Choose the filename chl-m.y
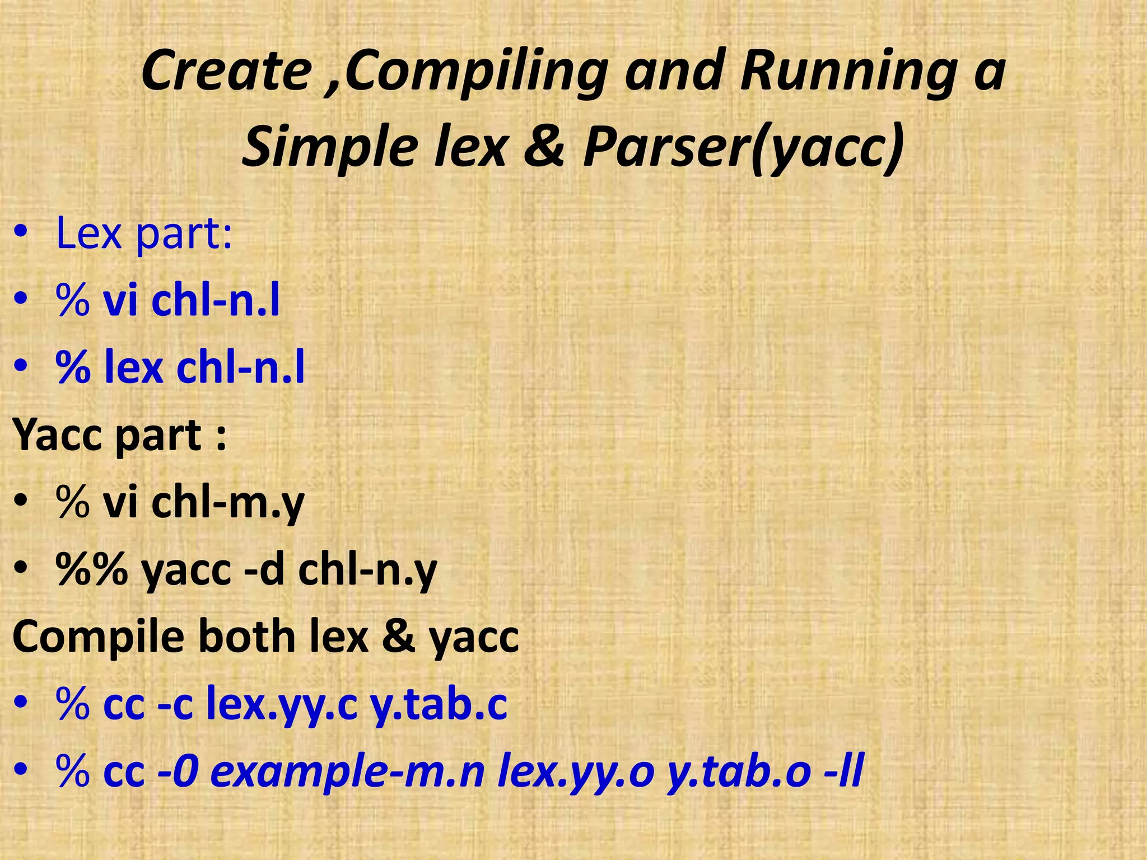pyautogui.click(x=227, y=502)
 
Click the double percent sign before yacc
pyautogui.click(x=92, y=569)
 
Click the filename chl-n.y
pyautogui.click(x=367, y=569)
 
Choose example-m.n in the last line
pyautogui.click(x=347, y=772)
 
